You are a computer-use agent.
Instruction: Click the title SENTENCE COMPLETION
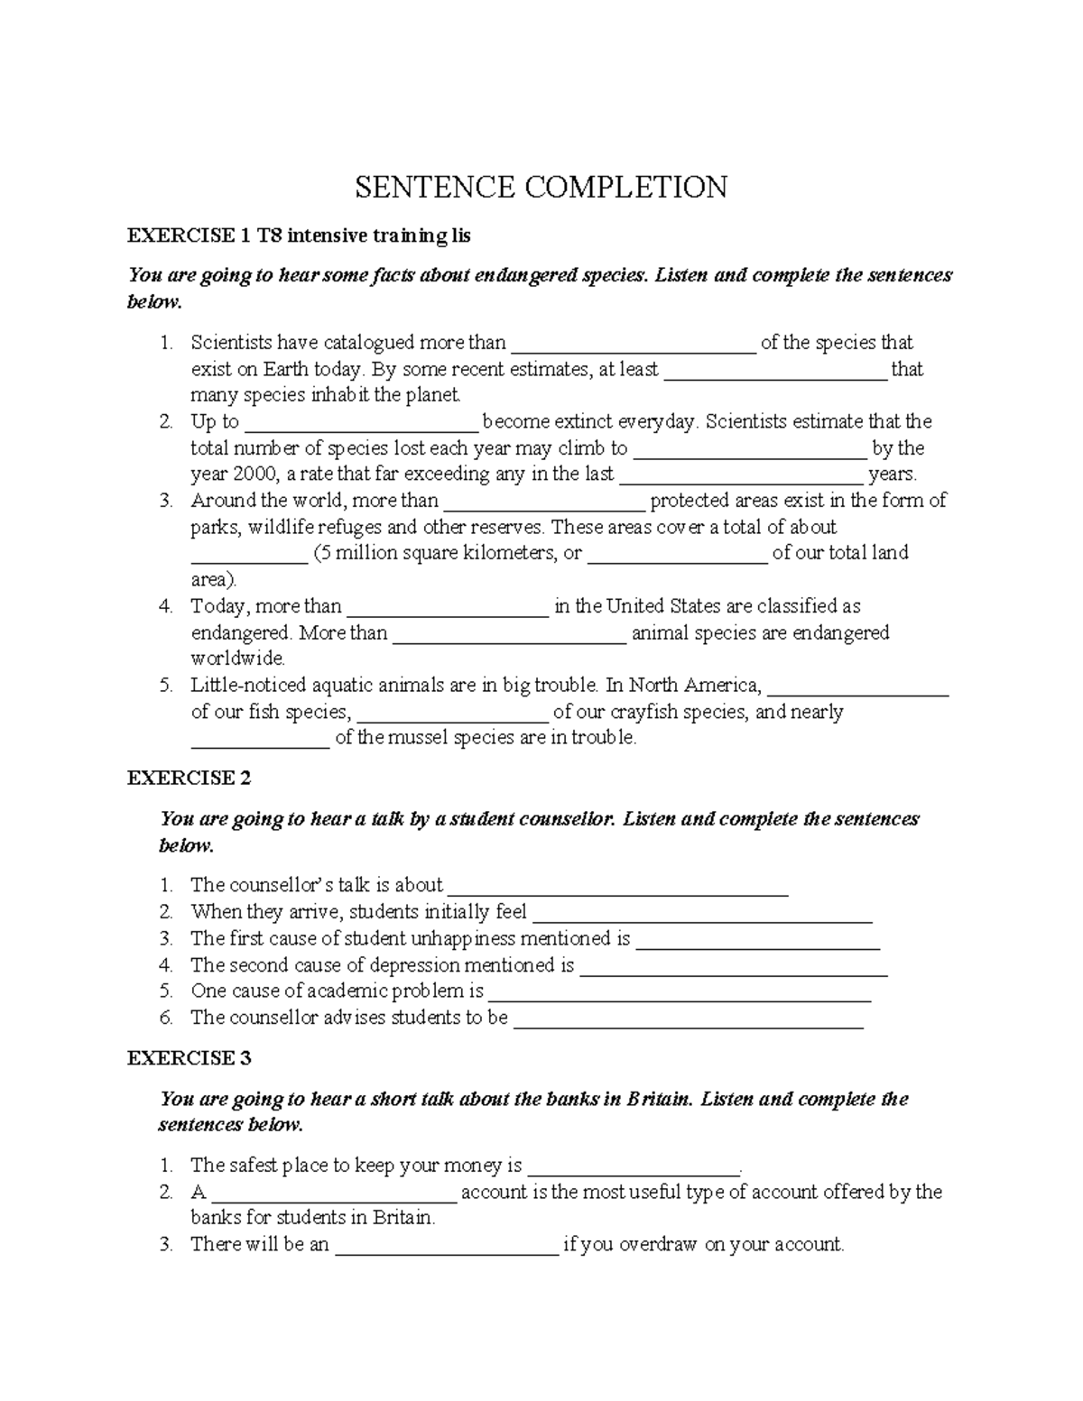click(x=541, y=188)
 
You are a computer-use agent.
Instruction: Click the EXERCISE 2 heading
click(x=189, y=778)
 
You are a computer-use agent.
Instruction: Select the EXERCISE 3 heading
click(x=189, y=1058)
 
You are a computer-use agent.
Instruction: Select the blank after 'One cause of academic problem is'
click(x=680, y=993)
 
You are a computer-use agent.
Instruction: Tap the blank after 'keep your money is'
click(x=633, y=1167)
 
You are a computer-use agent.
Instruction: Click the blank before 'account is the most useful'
click(x=335, y=1194)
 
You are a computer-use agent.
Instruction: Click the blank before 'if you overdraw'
click(x=447, y=1247)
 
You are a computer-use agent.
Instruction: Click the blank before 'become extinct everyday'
click(x=361, y=424)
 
